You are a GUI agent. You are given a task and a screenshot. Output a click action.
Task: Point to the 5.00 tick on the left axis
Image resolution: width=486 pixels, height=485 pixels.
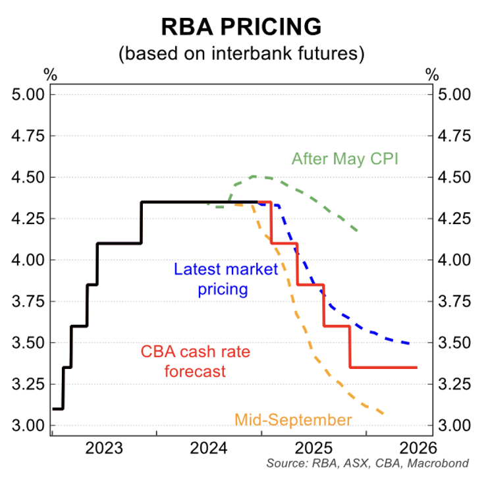(28, 94)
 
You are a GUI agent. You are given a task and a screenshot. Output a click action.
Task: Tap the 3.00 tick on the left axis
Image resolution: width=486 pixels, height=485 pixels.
(28, 426)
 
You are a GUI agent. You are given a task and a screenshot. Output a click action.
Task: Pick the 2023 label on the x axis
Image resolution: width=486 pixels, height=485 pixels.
(104, 449)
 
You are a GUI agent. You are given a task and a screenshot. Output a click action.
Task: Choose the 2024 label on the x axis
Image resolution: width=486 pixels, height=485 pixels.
(209, 449)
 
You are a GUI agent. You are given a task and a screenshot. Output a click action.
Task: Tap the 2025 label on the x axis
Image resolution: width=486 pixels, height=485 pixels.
(313, 449)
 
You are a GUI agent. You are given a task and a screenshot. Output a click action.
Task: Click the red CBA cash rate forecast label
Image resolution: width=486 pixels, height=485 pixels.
(183, 361)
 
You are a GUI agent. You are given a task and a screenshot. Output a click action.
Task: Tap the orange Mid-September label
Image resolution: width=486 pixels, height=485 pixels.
(292, 420)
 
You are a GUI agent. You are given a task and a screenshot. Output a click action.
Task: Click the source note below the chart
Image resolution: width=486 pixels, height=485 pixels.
(367, 463)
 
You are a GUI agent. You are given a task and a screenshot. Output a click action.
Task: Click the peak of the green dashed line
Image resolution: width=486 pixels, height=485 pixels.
(256, 177)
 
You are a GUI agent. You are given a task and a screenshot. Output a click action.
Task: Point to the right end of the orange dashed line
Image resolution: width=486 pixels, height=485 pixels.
(383, 414)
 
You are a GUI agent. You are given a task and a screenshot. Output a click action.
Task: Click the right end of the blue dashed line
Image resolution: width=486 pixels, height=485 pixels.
(412, 344)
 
